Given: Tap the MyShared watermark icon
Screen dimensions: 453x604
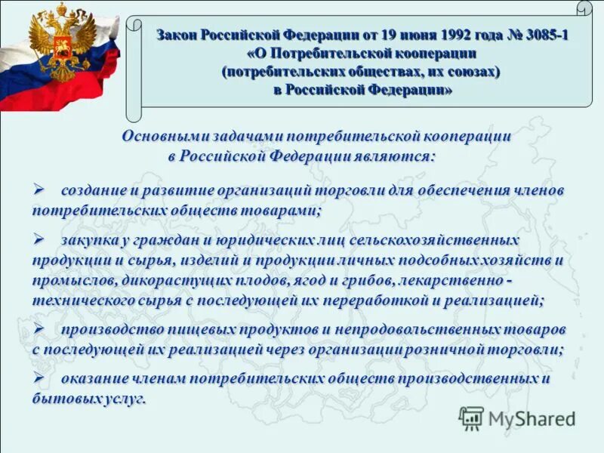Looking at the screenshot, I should pyautogui.click(x=472, y=418).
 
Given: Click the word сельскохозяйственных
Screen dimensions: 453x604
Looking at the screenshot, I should pyautogui.click(x=436, y=240).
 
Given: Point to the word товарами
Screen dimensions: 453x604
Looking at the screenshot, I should pyautogui.click(x=281, y=210).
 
